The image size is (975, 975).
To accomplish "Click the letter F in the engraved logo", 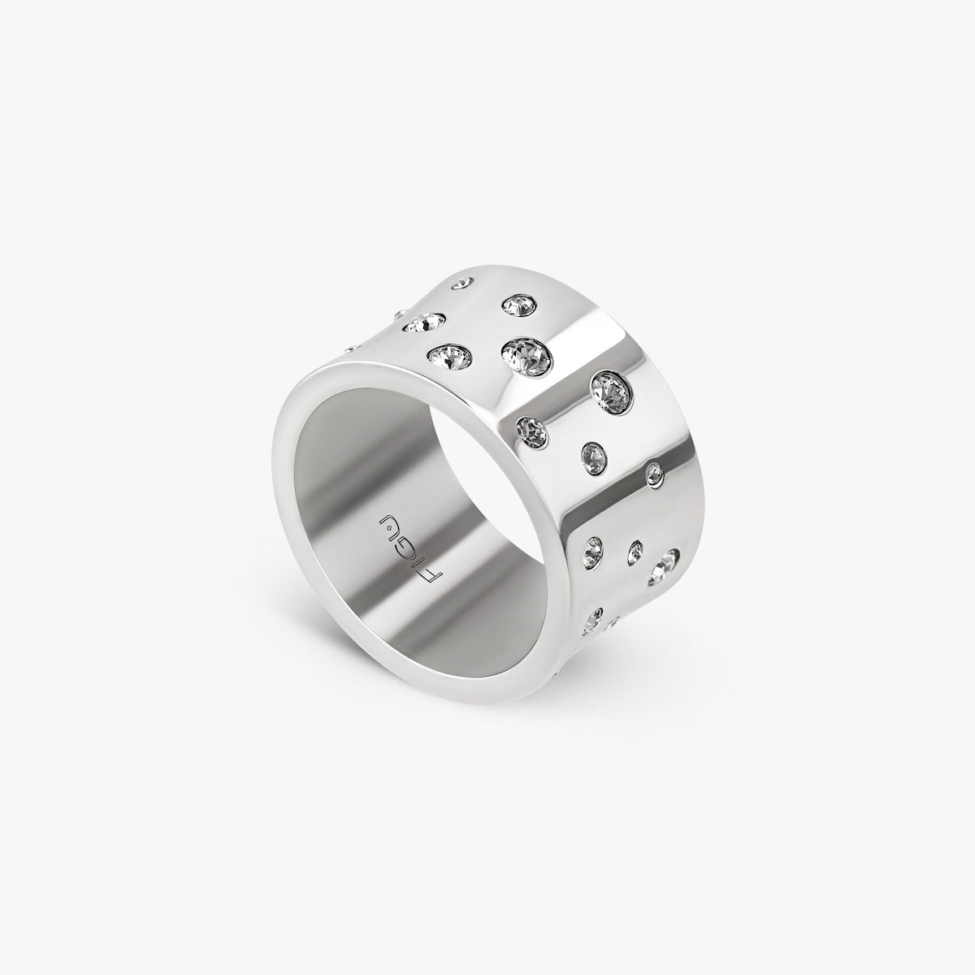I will (433, 578).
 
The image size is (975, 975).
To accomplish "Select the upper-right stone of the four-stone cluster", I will (518, 305).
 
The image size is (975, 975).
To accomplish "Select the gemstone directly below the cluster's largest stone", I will (531, 428).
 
